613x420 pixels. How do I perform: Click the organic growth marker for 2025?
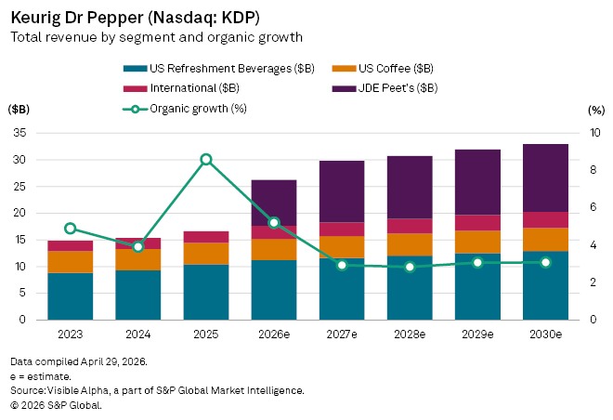point(206,160)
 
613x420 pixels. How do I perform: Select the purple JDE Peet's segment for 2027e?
point(342,191)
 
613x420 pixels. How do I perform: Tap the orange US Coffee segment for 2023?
point(71,262)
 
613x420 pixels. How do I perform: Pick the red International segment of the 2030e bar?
point(545,220)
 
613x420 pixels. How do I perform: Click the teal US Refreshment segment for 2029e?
point(477,286)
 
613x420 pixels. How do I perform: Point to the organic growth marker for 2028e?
point(410,267)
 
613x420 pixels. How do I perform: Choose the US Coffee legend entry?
point(383,69)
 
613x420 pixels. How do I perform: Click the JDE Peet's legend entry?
point(385,88)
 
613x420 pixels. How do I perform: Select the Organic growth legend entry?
point(185,109)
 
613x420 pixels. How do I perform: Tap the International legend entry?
point(181,88)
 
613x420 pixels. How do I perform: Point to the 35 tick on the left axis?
point(20,133)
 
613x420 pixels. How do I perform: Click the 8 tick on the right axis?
point(593,170)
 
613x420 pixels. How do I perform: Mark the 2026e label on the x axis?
point(274,335)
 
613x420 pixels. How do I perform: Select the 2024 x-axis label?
point(138,335)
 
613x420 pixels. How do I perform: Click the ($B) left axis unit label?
point(19,110)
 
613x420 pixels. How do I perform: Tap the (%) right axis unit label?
point(596,111)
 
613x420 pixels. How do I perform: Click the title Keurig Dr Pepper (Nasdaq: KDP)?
point(136,18)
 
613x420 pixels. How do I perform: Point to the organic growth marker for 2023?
point(71,229)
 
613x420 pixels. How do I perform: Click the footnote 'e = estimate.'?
point(41,376)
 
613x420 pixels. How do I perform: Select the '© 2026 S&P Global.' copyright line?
point(56,405)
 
